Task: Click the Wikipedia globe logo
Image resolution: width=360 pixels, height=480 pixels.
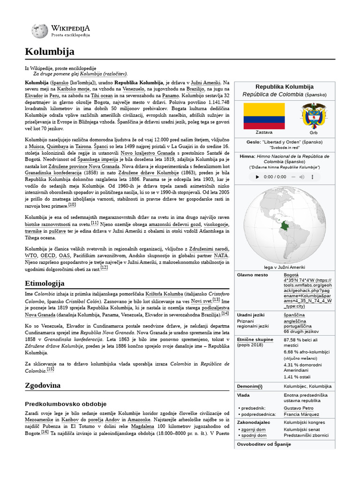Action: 39,31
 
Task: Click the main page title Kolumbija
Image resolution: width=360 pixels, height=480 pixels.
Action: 50,52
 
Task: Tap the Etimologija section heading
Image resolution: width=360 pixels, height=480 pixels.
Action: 45,283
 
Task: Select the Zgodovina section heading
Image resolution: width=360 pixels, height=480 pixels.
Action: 43,385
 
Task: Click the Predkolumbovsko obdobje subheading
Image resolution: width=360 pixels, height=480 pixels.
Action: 66,404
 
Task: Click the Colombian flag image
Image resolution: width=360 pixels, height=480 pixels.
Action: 263,116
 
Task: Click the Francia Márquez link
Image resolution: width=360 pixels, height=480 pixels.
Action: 302,415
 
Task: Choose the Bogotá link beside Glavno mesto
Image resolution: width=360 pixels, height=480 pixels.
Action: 291,275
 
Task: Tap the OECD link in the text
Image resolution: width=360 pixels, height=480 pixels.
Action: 47,256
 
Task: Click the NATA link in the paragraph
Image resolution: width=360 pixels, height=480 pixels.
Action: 221,256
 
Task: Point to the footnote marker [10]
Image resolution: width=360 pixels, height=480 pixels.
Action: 72,204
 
